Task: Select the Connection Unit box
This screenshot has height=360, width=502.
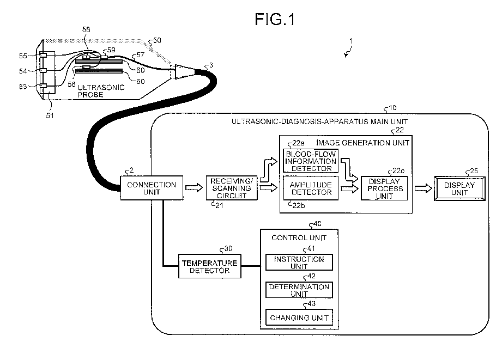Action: coord(152,188)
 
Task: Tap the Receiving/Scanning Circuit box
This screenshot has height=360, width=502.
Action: coord(231,188)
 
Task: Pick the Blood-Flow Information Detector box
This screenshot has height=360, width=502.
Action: coord(311,161)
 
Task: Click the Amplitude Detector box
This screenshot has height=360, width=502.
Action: coord(311,188)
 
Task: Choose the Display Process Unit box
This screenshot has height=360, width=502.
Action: coord(384,188)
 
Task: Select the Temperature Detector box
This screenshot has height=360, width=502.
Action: coord(210,266)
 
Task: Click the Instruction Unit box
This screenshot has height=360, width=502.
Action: coord(299,263)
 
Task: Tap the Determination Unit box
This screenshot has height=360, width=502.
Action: coord(299,290)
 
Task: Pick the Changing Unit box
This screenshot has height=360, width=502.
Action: coord(299,317)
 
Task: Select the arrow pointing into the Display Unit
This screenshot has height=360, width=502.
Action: coord(421,188)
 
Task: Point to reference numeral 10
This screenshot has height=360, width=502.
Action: coord(392,107)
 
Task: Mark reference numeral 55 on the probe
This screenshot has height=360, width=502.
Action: coord(23,56)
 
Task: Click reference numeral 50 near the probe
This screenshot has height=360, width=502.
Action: coord(156,41)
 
